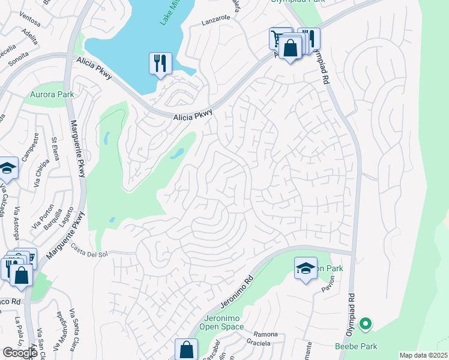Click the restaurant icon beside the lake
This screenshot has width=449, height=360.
[x=160, y=63]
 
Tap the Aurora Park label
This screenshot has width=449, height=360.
[x=52, y=94]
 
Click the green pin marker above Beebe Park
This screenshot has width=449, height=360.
[x=365, y=325]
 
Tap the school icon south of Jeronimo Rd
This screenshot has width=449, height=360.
[x=306, y=268]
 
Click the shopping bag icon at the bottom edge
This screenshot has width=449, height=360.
[x=187, y=350]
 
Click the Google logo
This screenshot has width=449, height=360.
[x=20, y=352]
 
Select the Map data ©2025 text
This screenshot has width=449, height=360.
[x=423, y=355]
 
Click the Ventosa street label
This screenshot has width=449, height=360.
[x=30, y=23]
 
